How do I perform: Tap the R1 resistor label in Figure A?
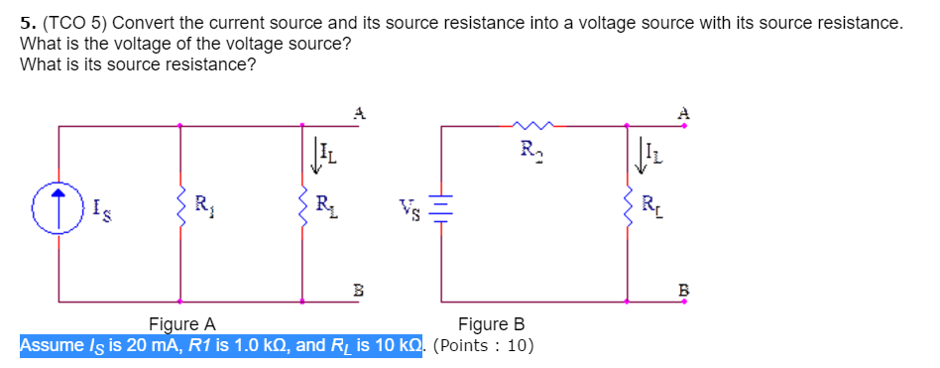201,207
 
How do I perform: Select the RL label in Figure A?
324,207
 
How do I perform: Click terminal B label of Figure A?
360,290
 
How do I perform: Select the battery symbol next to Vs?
443,209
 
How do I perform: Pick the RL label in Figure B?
649,207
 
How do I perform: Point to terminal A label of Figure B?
682,113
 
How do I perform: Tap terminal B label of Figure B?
682,290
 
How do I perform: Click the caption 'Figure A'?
181,324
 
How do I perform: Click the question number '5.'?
28,22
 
